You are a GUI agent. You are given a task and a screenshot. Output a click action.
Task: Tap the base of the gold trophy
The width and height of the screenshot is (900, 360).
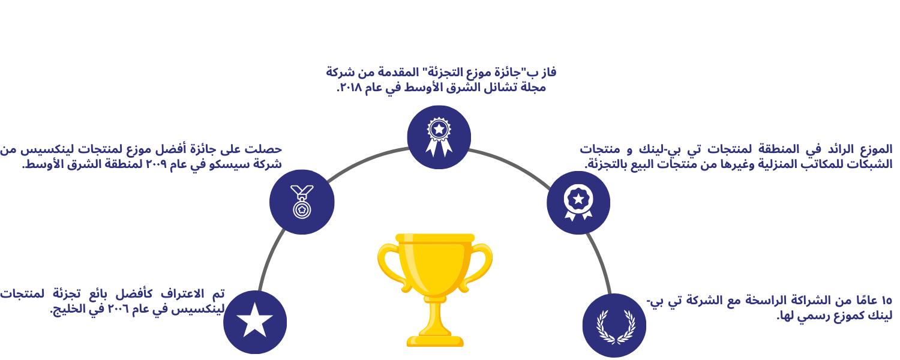(x=435, y=340)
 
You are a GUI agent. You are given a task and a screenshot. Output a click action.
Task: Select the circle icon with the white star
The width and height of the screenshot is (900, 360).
(x=255, y=322)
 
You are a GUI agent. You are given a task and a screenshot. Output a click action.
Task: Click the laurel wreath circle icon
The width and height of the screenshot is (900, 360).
(x=614, y=325)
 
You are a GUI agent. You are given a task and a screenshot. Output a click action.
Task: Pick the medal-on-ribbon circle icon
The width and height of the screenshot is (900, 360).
(x=302, y=202)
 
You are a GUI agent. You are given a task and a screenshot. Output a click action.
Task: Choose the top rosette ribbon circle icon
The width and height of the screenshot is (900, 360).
(x=439, y=137)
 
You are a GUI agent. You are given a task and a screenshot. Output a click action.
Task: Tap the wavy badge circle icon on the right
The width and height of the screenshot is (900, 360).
(x=578, y=203)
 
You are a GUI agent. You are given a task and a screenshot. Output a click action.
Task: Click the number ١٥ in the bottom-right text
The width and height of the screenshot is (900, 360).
(x=886, y=301)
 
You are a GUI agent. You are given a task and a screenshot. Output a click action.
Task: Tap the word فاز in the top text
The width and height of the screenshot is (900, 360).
(x=548, y=73)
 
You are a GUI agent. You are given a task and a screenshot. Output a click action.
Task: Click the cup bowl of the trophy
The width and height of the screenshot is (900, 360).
(x=435, y=267)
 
